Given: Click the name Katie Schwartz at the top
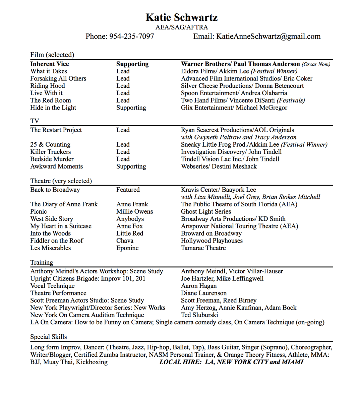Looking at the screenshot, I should [181, 17].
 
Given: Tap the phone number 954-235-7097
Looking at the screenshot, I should [132, 37].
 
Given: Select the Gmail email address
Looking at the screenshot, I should [268, 37].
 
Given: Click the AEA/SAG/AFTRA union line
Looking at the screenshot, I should [181, 27].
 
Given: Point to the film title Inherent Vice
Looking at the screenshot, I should [50, 64].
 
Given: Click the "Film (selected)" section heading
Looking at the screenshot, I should [52, 55].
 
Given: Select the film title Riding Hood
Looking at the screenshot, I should [48, 86].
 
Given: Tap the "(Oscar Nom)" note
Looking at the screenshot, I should [316, 64].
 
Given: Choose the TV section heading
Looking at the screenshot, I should [35, 121].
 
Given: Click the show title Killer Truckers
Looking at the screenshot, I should [50, 152].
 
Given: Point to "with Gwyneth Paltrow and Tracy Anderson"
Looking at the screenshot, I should [239, 137].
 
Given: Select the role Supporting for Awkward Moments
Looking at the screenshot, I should [131, 166].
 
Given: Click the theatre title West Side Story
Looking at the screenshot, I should [52, 219].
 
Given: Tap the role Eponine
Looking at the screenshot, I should [127, 248].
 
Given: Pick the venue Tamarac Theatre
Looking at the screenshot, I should [203, 248].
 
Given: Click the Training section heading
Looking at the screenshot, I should [42, 263].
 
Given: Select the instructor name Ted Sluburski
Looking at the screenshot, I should [199, 315].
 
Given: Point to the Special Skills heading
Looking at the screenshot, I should [49, 337].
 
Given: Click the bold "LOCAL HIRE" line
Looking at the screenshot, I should [231, 362].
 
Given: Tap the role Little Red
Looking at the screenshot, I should [130, 233].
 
